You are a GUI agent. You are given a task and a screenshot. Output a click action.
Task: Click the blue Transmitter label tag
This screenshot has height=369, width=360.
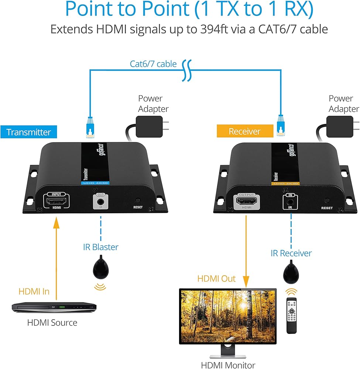28,132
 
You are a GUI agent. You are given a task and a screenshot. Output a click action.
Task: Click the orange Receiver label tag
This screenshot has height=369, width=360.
244,131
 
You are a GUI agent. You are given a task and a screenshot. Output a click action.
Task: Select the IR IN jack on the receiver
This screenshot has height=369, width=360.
291,203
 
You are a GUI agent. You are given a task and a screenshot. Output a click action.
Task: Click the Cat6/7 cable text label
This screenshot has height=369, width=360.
153,64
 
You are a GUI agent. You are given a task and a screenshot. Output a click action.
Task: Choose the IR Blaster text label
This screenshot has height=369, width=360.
101,247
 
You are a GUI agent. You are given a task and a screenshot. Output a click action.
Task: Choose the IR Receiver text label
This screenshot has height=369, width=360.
291,253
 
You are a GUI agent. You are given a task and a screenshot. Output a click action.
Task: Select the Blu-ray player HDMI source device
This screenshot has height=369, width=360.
54,307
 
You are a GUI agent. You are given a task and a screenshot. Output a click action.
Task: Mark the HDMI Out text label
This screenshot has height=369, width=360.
216,278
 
